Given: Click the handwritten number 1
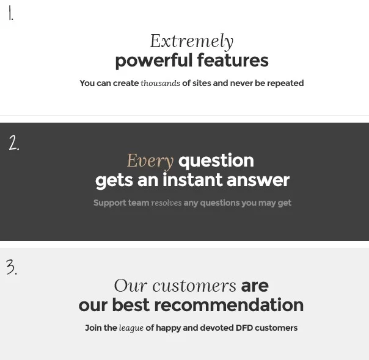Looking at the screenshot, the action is click(10, 13).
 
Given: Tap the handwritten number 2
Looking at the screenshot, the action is click(14, 143).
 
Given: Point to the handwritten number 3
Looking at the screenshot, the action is click(12, 267).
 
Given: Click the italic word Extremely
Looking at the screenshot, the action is click(192, 41).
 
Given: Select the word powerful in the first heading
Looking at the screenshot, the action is click(154, 61).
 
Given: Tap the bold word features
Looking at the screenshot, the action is click(233, 60).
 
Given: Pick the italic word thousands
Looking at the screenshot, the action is click(160, 83).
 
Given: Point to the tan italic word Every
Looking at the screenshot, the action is click(150, 161).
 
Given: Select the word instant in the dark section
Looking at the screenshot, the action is click(192, 180).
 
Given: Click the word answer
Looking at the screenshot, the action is click(258, 181).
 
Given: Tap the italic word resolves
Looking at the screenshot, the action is click(166, 203).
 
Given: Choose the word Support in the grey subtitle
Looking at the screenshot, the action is click(110, 203).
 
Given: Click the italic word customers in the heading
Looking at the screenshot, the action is click(194, 286).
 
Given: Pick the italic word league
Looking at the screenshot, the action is click(131, 328).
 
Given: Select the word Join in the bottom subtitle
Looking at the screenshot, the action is click(93, 328).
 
